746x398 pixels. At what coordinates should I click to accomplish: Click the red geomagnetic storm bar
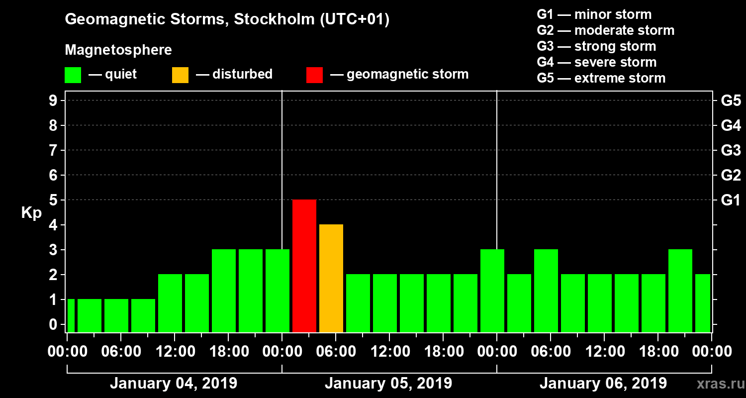coord(304,266)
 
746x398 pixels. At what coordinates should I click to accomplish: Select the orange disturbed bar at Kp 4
coord(331,278)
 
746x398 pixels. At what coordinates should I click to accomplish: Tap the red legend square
coord(314,75)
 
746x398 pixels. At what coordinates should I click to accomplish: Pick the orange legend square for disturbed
coord(180,75)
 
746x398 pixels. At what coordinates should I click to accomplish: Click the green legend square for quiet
coord(73,75)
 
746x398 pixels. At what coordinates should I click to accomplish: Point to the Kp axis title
coord(31,213)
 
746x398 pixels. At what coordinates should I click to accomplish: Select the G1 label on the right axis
coord(731,200)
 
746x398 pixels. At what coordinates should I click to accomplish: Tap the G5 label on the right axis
coord(731,100)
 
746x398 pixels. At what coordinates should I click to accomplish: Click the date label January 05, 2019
coord(388,384)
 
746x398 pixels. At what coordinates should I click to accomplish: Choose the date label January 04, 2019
coord(174,384)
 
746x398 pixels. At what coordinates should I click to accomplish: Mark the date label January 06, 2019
coord(603,384)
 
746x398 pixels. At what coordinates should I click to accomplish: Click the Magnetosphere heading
coord(118,50)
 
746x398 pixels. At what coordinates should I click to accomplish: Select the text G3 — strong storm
coord(596,46)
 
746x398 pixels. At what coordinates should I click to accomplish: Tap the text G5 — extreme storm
coord(601,78)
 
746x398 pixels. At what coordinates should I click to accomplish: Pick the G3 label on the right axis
coord(731,150)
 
